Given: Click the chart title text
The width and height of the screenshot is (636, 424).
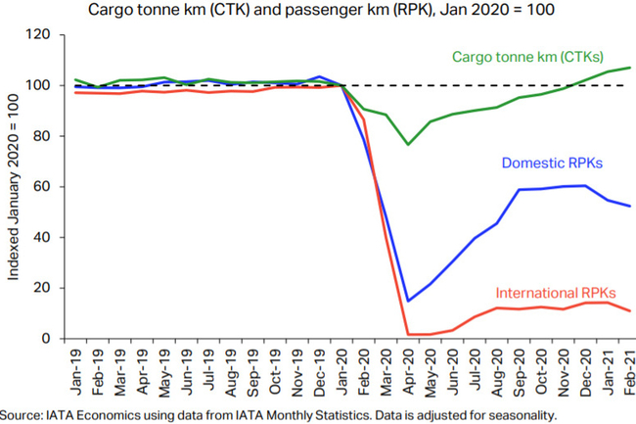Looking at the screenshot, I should [x=319, y=11].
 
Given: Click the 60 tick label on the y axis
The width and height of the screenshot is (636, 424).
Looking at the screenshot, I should [x=41, y=187].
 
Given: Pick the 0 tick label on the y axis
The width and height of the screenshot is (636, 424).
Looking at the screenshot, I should [x=45, y=339].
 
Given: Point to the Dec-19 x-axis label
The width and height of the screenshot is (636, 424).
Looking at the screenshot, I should [x=319, y=367].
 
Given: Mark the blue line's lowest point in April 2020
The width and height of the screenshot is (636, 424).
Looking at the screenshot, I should [x=408, y=301].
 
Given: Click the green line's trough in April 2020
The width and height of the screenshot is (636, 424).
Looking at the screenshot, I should [x=408, y=145].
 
